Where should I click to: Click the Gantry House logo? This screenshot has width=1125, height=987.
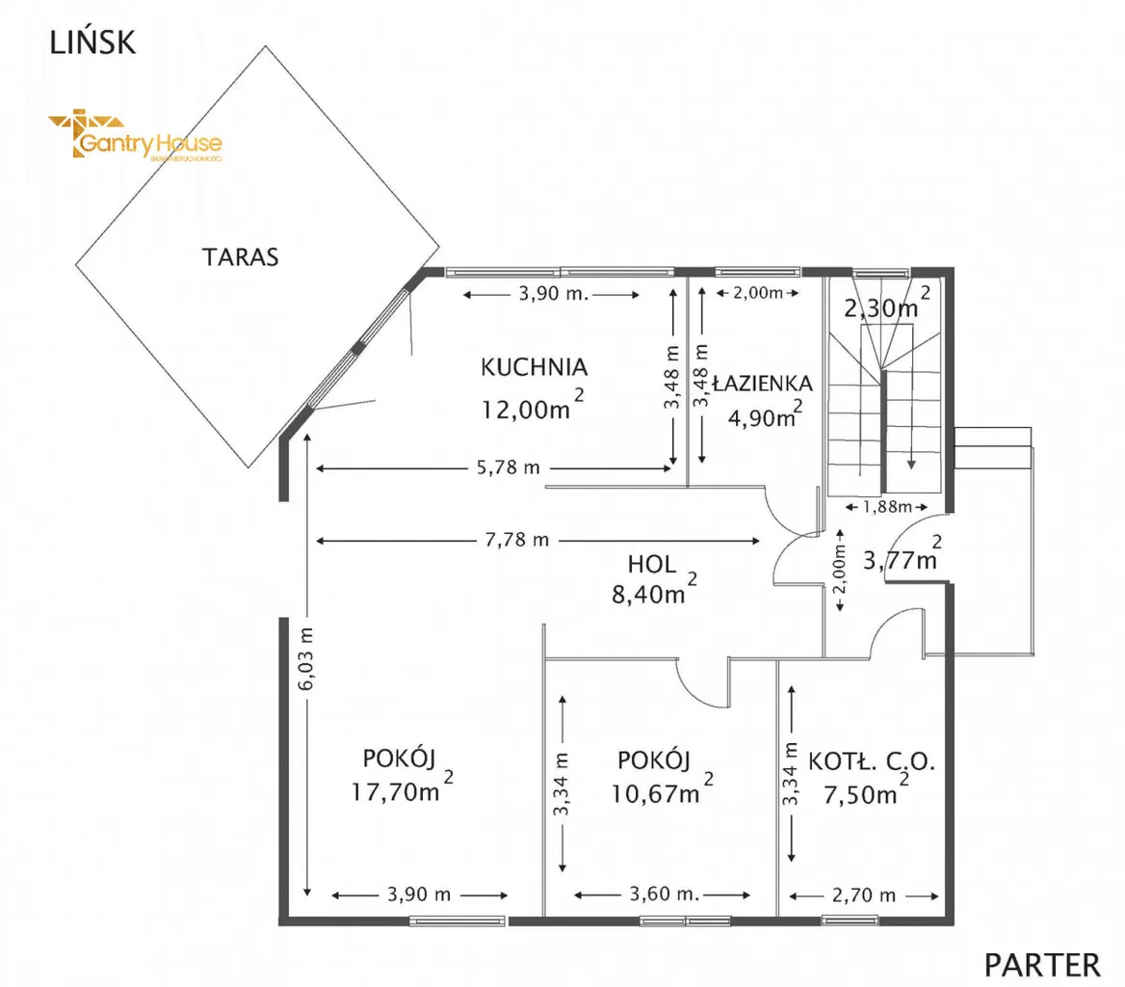coord(135,138)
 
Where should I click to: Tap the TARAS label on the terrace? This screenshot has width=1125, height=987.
coord(240,257)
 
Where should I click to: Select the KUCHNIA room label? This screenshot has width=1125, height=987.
coord(534,367)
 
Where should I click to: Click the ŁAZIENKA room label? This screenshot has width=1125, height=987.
coord(762,383)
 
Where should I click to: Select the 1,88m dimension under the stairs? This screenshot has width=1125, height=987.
coord(885,506)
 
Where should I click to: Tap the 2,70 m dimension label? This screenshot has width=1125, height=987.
coord(864,894)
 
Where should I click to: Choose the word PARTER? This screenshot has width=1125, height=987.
coord(1042,963)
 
